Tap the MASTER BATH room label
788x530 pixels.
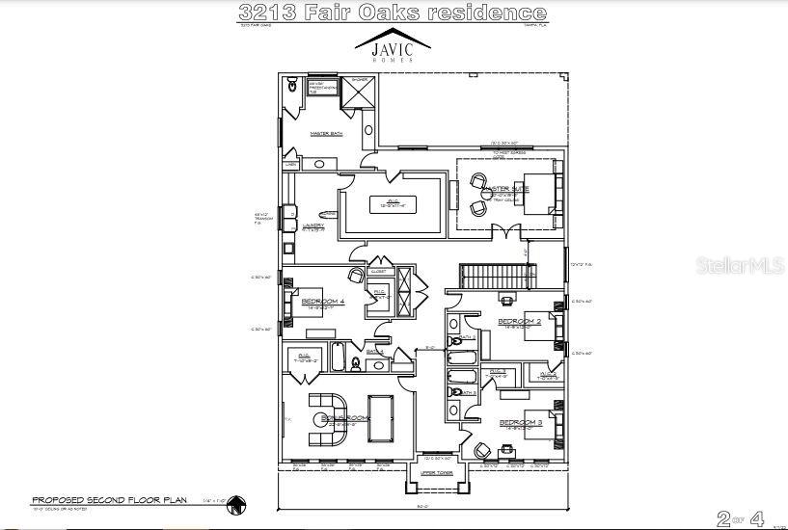point(325,133)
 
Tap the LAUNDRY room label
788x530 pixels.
point(312,225)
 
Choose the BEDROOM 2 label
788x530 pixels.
point(518,321)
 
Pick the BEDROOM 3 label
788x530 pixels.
point(520,423)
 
